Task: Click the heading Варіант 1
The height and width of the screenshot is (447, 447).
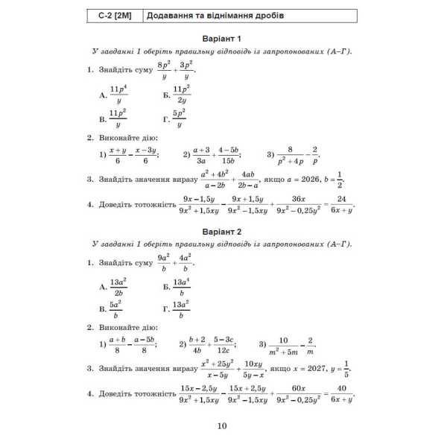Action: pos(223,38)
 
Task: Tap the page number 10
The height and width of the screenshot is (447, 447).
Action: pos(223,426)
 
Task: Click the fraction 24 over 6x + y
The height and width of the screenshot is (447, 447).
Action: pos(343,204)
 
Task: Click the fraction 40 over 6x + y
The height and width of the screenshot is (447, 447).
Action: pos(343,393)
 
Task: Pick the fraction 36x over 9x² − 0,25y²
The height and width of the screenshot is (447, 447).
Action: pos(299,204)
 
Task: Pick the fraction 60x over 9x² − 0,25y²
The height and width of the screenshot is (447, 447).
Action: pos(299,393)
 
